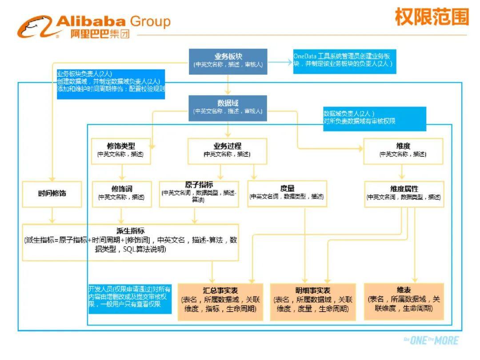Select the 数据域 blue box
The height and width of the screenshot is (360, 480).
pyautogui.click(x=228, y=107)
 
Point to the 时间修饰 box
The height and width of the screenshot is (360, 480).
pyautogui.click(x=52, y=193)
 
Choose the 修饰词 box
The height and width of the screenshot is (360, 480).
pyautogui.click(x=121, y=193)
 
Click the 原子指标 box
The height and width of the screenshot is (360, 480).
pyautogui.click(x=199, y=193)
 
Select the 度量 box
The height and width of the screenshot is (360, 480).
pyautogui.click(x=287, y=193)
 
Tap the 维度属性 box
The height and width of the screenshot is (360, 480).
pyautogui.click(x=404, y=193)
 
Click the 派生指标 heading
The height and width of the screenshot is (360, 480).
pyautogui.click(x=130, y=231)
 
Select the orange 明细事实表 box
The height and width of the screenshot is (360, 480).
pyautogui.click(x=313, y=301)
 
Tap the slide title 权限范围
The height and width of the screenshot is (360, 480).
pyautogui.click(x=431, y=18)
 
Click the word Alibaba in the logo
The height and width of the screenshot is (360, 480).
pyautogui.click(x=92, y=21)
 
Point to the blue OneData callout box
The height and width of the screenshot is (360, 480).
pyautogui.click(x=344, y=61)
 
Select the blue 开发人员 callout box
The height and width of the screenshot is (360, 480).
pyautogui.click(x=130, y=298)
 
